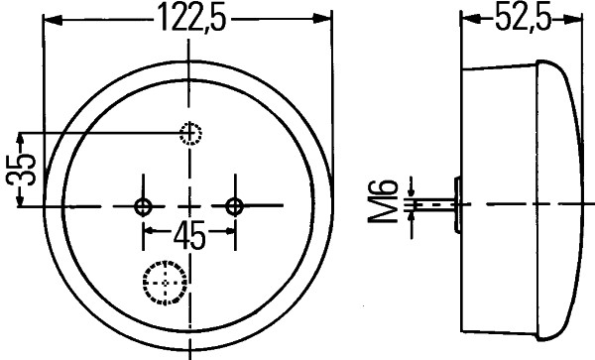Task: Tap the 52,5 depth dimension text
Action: coord(517,18)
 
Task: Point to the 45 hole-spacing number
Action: coord(189,236)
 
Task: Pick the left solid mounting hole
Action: coord(144,205)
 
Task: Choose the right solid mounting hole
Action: coord(235,205)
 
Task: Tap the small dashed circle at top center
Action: coord(189,134)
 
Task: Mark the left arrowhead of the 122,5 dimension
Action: coord(53,19)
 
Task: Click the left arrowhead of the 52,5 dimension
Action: coord(469,19)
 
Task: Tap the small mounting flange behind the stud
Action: coord(457,205)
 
